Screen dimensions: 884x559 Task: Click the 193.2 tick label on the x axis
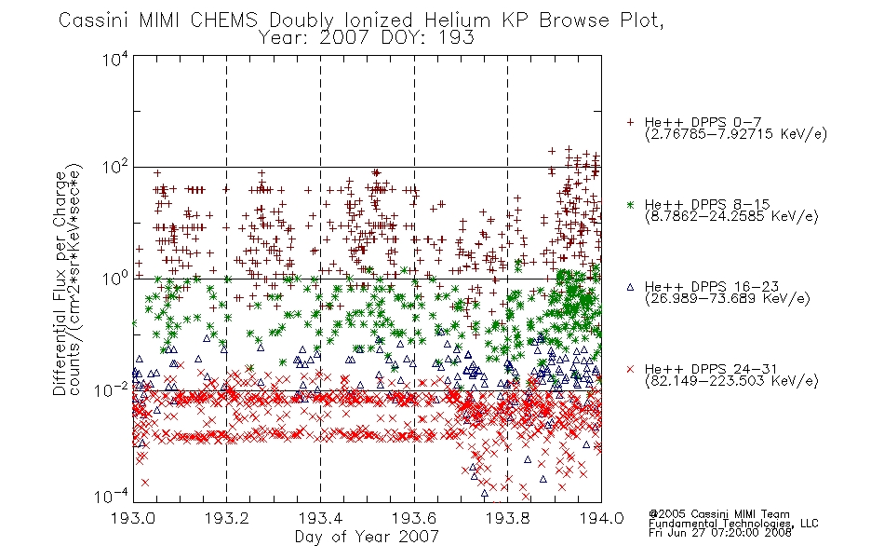[x=227, y=518]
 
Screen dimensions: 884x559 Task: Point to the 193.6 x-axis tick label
[x=414, y=518]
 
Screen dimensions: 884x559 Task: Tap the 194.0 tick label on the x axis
[x=601, y=518]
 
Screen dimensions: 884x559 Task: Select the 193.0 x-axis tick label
[x=134, y=518]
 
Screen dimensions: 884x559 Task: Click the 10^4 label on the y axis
[x=115, y=60]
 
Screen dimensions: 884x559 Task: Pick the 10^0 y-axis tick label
[x=115, y=279]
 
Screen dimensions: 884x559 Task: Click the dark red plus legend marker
[x=630, y=122]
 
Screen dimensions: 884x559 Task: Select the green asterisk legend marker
[x=630, y=204]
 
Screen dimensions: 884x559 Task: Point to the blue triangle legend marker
[x=630, y=287]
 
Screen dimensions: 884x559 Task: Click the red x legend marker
[x=630, y=369]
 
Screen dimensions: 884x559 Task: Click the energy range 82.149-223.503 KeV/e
[x=731, y=380]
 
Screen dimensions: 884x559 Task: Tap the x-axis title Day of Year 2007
[x=367, y=537]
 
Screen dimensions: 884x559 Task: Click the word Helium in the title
[x=457, y=20]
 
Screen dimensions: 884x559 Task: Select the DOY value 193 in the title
[x=457, y=38]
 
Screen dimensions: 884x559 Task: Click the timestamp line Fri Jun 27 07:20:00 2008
[x=720, y=532]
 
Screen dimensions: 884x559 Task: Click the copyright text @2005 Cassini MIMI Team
[x=718, y=514]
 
